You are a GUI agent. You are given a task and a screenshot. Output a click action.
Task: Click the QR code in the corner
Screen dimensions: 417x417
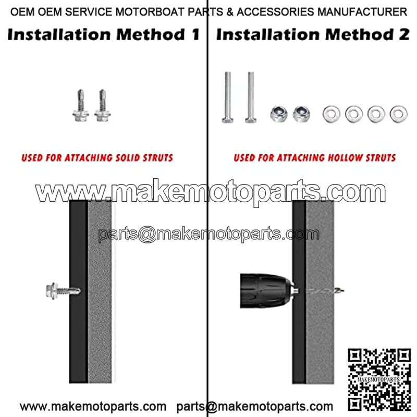[379, 379]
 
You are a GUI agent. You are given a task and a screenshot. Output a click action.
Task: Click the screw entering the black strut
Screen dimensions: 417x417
[63, 291]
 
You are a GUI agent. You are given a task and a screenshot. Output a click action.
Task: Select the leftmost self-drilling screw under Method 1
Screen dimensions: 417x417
[81, 106]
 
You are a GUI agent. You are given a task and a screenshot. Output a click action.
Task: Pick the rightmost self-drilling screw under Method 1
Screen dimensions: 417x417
[102, 106]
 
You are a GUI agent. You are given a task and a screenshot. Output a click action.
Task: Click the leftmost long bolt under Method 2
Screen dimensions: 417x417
[228, 97]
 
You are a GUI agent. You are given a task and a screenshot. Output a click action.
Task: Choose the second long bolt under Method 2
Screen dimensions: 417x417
[251, 97]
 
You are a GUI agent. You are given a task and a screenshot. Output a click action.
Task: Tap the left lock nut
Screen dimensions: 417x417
[279, 114]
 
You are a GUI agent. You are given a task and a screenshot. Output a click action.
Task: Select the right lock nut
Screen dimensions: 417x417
[301, 114]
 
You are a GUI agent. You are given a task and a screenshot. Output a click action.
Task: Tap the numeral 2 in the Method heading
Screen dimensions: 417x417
[404, 34]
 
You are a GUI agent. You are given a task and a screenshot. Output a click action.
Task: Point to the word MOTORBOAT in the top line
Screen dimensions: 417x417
[150, 12]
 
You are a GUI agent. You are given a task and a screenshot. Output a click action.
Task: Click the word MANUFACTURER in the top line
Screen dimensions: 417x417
[362, 12]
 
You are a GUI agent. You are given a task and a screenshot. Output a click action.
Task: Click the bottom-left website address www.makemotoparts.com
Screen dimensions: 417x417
[93, 407]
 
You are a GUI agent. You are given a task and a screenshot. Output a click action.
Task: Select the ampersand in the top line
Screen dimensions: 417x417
[230, 12]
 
